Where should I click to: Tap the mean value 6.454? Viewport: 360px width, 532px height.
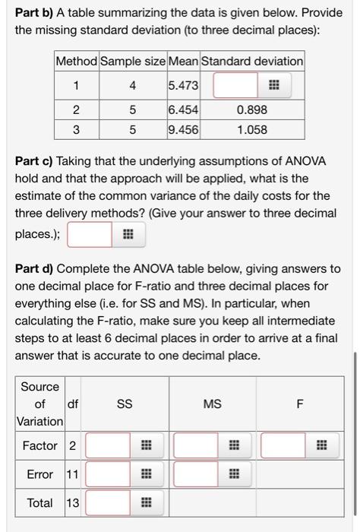[x=183, y=110]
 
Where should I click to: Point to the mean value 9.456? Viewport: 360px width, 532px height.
[x=183, y=129]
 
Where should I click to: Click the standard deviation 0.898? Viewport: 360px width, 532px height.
[x=251, y=110]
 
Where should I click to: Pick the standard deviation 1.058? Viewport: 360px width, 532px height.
[x=251, y=129]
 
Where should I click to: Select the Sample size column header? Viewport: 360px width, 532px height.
[x=133, y=61]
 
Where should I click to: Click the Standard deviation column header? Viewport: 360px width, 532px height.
[x=251, y=61]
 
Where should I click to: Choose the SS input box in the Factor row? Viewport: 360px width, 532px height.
[x=107, y=445]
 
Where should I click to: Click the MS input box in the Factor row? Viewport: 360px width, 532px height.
[x=195, y=445]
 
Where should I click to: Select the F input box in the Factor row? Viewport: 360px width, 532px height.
[x=283, y=445]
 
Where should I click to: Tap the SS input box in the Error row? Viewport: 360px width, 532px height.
[x=107, y=474]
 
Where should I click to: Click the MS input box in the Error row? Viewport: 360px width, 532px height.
[x=195, y=474]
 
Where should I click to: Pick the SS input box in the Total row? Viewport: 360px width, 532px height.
[x=107, y=502]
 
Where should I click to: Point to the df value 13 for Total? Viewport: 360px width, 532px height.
[x=72, y=502]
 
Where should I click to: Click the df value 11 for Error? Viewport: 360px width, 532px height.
[x=72, y=474]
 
